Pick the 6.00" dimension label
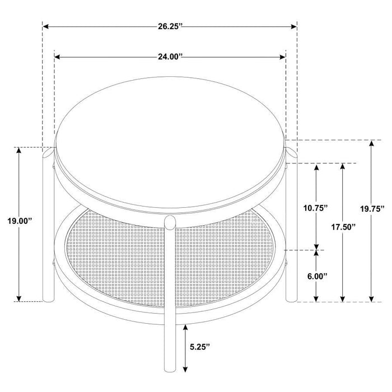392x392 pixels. (317, 276)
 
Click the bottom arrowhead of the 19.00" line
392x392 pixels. (19, 298)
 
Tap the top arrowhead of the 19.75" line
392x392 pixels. (370, 144)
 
